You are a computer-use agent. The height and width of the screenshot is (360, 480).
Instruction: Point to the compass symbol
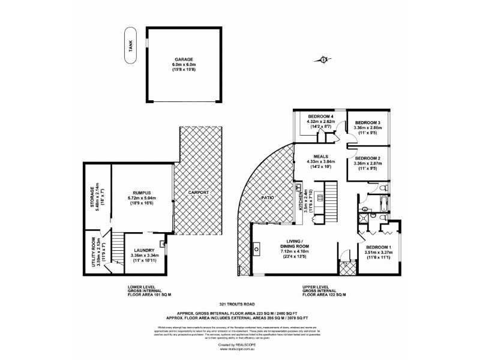(x=325, y=59)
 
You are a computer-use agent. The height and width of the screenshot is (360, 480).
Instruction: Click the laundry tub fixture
(x=163, y=244)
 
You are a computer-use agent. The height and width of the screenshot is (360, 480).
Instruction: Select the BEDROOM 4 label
(x=320, y=116)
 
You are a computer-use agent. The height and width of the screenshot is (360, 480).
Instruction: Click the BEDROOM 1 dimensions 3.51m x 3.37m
(x=378, y=252)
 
